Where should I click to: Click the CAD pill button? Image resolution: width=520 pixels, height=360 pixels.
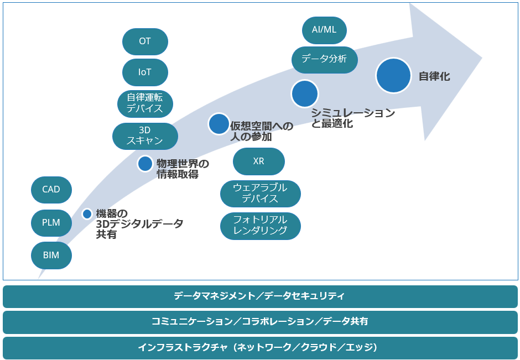[51, 190]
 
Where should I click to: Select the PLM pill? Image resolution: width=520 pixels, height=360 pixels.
[51, 223]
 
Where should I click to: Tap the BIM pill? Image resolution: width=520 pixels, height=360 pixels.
[51, 255]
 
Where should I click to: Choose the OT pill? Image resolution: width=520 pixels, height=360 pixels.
[145, 41]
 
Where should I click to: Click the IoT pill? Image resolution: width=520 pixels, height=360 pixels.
[145, 72]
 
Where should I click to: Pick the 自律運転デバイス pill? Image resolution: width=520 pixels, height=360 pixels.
[145, 103]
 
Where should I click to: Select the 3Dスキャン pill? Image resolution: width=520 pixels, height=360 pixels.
[145, 136]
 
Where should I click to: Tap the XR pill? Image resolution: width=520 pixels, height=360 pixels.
[259, 161]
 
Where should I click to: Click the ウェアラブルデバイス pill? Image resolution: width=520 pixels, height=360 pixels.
[261, 194]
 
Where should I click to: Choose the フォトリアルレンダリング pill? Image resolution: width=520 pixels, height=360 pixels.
[261, 226]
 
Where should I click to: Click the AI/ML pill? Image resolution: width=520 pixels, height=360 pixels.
[324, 30]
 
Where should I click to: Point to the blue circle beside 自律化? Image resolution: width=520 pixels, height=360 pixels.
[393, 75]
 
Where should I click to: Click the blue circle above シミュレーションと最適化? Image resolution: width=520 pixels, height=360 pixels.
[305, 93]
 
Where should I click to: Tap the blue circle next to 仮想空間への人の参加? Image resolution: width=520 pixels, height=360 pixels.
[219, 124]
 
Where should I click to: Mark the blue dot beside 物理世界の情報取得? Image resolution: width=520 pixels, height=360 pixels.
[145, 164]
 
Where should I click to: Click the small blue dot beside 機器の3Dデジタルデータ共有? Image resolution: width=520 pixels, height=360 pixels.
[87, 214]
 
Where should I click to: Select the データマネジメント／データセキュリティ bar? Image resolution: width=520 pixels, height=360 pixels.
[260, 296]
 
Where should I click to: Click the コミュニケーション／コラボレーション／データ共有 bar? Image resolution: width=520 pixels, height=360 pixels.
[260, 322]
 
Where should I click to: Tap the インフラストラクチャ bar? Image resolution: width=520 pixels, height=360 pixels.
[260, 348]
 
